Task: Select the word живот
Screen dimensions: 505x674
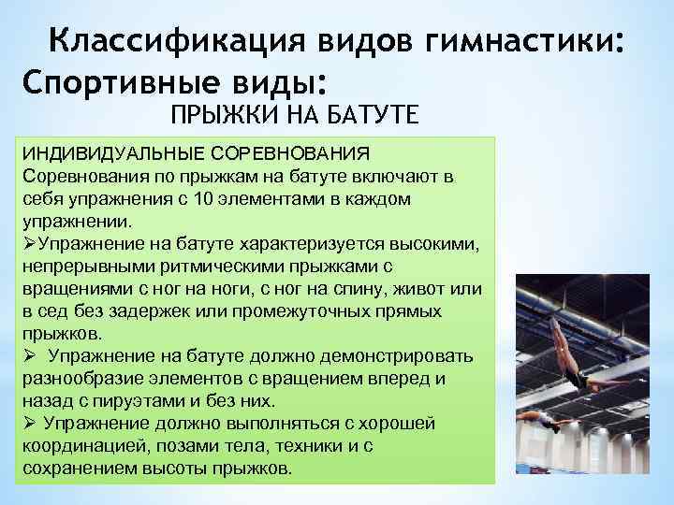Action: (446, 290)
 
